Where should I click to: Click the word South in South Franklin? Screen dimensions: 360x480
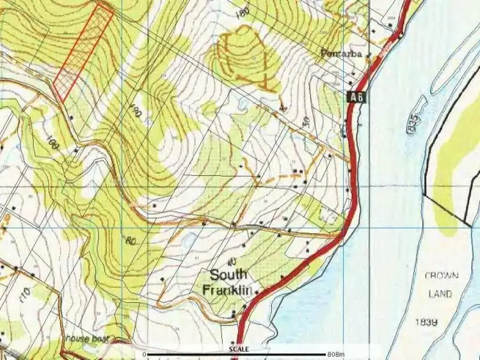coord(229,276)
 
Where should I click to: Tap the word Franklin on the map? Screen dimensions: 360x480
coord(225,290)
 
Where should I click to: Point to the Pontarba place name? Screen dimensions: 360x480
coord(342,54)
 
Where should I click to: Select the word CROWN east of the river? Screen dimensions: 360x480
coord(442,276)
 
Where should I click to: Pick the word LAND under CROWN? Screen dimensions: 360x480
coord(441,294)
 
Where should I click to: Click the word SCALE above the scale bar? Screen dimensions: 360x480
coord(239,349)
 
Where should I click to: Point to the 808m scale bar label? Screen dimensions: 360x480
coord(335,354)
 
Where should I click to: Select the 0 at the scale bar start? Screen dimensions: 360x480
coord(145,354)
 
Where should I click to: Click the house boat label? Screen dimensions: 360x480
coord(86,338)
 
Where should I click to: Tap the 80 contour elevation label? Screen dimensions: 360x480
coord(132,242)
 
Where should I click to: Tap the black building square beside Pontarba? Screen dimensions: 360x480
coord(369,55)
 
